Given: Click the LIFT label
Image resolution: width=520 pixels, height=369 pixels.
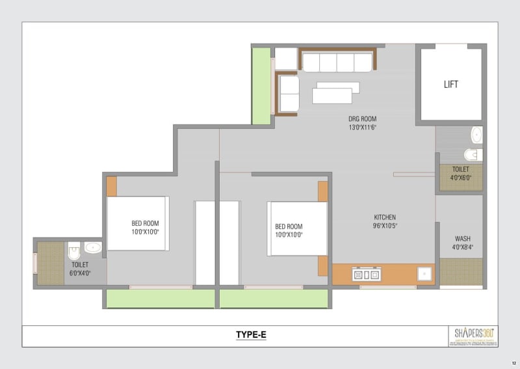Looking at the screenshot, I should (x=451, y=84).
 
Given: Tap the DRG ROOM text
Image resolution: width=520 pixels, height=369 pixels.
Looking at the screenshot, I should (x=362, y=119).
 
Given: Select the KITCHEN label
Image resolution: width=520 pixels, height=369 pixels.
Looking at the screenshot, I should (x=385, y=217).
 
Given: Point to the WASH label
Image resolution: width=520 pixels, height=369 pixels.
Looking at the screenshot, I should (x=463, y=238).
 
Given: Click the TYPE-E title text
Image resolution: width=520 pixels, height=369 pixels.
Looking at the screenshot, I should (x=251, y=335).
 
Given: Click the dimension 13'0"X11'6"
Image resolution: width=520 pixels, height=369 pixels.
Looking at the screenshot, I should (x=362, y=128).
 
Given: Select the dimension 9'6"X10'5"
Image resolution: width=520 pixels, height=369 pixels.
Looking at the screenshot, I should (x=385, y=226).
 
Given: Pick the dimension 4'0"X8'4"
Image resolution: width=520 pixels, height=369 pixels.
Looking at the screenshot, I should (x=463, y=247).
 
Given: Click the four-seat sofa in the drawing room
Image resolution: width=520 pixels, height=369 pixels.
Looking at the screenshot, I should (x=336, y=62).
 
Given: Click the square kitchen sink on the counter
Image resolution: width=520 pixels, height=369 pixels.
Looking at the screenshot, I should (x=424, y=274).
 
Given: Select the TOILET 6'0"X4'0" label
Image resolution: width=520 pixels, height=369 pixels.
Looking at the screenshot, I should (x=80, y=269).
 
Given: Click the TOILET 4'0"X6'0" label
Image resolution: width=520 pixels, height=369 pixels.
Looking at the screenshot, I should (x=461, y=172).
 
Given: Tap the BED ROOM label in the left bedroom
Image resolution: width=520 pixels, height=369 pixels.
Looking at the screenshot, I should (x=145, y=226).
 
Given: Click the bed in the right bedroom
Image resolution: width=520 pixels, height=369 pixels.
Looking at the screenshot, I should (x=297, y=228).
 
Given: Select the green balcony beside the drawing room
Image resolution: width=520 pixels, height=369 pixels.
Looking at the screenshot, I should (x=261, y=85).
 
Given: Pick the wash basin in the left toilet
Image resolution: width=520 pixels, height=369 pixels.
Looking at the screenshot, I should (x=92, y=247).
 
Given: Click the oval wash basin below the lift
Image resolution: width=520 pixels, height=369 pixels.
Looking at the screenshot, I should (x=476, y=135).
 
